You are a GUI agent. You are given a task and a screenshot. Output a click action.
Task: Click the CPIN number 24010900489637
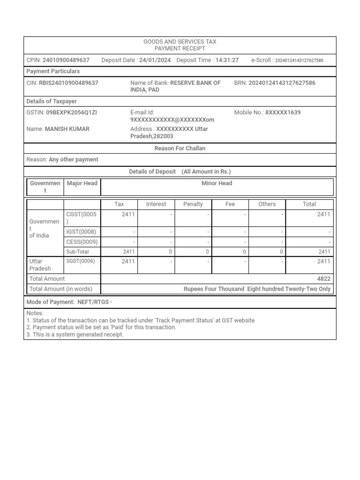(66, 60)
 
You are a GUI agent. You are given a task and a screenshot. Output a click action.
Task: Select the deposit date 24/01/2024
(155, 60)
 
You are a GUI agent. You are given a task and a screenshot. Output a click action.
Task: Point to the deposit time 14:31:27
(227, 60)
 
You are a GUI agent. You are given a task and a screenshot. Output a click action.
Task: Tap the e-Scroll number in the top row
(299, 60)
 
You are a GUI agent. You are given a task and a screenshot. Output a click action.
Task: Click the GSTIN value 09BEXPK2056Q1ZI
(71, 112)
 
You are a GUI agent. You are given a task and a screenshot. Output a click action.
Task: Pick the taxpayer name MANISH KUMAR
(67, 129)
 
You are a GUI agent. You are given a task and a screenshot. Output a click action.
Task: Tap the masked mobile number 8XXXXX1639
(283, 112)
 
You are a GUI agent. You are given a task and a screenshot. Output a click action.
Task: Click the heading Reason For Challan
(180, 148)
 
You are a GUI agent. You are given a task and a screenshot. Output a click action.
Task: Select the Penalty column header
(193, 204)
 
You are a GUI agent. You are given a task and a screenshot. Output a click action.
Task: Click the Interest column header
(156, 204)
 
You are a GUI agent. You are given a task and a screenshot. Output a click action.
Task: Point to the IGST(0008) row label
(81, 232)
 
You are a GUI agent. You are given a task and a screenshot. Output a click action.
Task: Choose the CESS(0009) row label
(82, 242)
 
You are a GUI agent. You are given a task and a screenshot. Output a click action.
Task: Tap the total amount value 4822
(323, 278)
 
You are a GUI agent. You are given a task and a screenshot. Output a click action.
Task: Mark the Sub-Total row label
(77, 252)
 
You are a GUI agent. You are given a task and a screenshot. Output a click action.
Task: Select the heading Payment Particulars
(53, 71)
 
